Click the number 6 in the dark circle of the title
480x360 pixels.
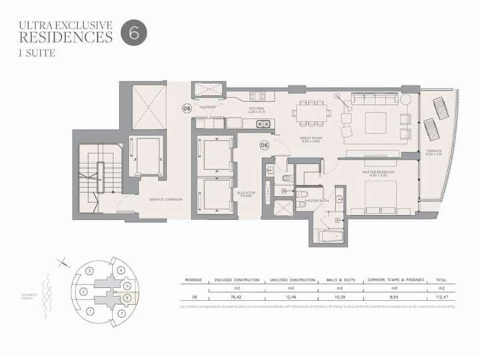pos(134,34)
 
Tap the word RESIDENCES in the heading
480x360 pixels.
pos(65,37)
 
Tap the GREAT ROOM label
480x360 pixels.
pos(311,139)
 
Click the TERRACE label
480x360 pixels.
pos(434,153)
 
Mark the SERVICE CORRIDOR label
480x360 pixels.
pos(166,199)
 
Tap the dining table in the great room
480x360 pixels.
pos(313,112)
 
